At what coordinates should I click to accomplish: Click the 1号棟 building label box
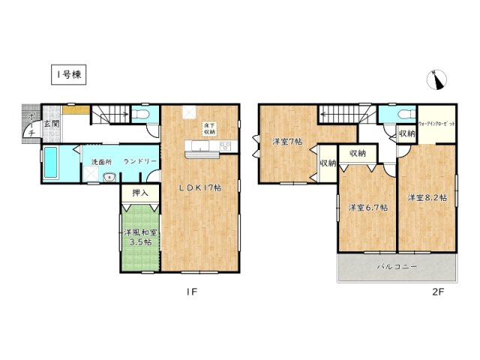click(68, 75)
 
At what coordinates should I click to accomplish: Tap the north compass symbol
click(439, 79)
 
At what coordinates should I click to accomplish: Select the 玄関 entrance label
click(51, 124)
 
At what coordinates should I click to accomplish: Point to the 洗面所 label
click(101, 161)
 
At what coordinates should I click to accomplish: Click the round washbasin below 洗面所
click(109, 178)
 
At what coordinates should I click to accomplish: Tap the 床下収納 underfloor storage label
click(209, 128)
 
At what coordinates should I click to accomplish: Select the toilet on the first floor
click(143, 114)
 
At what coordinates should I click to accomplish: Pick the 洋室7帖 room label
click(286, 142)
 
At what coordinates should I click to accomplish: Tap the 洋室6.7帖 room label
click(367, 206)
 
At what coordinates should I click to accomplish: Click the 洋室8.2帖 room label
click(427, 198)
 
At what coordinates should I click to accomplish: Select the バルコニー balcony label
click(396, 266)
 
